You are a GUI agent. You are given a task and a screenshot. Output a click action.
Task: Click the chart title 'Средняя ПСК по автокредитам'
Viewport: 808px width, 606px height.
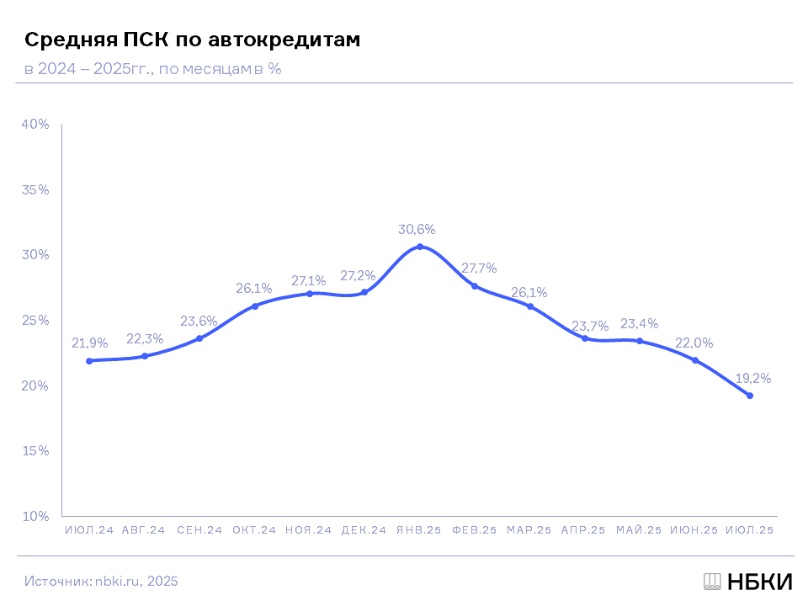[193, 40]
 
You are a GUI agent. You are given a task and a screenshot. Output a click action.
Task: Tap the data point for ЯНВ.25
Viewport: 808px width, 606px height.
[420, 247]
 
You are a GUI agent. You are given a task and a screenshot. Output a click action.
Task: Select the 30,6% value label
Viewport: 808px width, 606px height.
[417, 229]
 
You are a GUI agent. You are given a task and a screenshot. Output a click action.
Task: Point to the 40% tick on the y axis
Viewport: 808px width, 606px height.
[35, 125]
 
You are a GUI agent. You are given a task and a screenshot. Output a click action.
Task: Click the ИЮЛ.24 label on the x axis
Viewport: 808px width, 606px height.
[89, 530]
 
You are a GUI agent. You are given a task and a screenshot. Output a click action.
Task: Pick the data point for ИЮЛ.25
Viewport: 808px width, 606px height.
[750, 396]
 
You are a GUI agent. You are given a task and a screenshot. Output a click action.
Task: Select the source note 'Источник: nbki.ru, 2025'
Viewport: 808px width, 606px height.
[101, 582]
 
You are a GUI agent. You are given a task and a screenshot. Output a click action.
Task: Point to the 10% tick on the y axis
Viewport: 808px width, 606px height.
[35, 516]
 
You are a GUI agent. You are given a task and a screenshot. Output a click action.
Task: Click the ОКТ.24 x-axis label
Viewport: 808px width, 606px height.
[254, 530]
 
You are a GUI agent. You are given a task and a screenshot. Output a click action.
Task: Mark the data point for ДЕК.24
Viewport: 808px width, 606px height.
[364, 292]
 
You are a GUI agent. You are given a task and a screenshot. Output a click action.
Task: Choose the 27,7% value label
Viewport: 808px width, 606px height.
[479, 268]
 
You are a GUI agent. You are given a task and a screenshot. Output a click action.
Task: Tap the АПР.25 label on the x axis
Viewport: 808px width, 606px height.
[583, 530]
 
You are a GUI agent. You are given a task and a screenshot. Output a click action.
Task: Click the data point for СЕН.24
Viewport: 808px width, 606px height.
[199, 338]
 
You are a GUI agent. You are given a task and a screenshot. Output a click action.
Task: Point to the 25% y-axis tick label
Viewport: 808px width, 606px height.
[35, 321]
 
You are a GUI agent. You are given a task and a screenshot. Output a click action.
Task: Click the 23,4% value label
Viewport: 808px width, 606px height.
[639, 324]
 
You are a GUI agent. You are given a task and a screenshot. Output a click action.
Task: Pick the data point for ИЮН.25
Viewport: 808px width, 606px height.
[695, 360]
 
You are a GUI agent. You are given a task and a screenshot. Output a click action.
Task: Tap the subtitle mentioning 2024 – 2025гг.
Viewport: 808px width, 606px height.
[152, 69]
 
